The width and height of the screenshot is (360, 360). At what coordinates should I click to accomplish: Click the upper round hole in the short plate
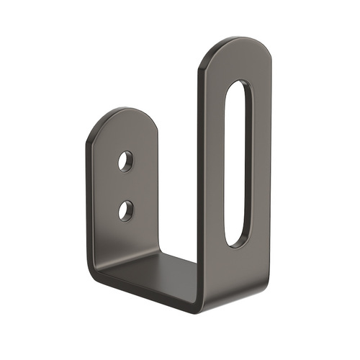pos(126,161)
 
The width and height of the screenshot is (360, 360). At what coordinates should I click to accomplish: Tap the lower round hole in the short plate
pos(126,210)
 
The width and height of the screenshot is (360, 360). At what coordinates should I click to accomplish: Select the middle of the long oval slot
pos(238,164)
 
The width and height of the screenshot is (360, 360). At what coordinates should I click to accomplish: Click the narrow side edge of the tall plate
pos(202,180)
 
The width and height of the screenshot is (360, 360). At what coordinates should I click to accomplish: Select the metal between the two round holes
pos(126,185)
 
